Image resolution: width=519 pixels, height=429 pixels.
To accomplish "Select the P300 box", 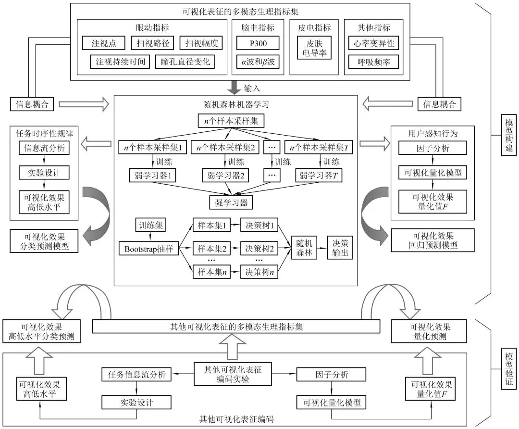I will (258, 43).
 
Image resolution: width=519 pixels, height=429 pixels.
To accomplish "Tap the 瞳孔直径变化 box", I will (185, 62).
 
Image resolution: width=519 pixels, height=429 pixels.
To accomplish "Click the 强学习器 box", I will (231, 202).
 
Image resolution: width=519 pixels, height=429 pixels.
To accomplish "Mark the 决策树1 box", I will (260, 225).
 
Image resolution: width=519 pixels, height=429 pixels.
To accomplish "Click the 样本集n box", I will (211, 272).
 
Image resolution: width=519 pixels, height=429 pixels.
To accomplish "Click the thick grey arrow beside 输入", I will (235, 88).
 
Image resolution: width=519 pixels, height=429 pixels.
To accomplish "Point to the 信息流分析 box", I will (44, 148).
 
